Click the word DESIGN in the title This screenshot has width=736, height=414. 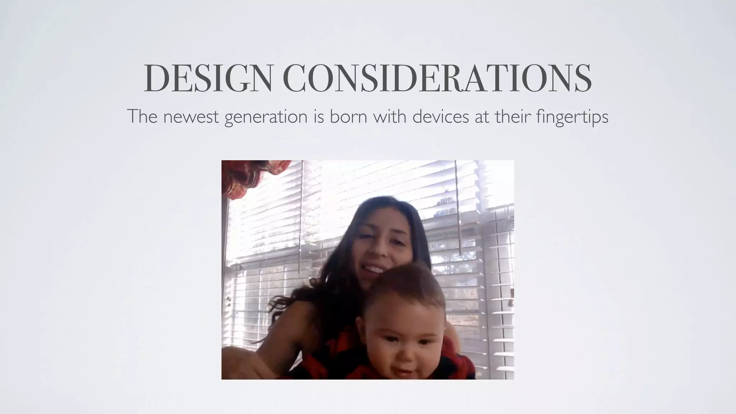click(x=208, y=78)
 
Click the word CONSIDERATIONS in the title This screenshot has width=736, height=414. click(x=437, y=78)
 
